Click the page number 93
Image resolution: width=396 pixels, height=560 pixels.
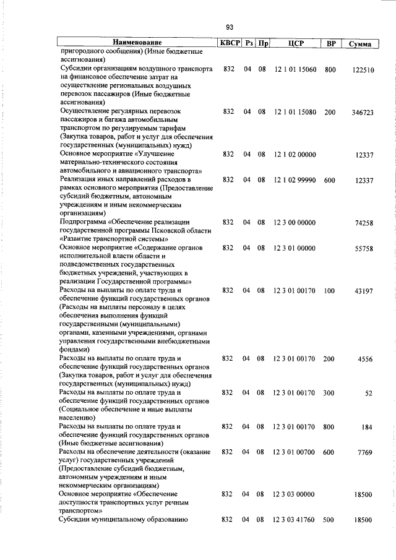[x=229, y=27]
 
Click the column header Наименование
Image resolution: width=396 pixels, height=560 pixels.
[x=137, y=43]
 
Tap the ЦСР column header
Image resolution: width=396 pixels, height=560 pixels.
[x=296, y=43]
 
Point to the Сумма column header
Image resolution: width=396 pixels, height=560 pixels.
[x=360, y=44]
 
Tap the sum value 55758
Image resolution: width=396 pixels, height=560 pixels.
[x=364, y=249]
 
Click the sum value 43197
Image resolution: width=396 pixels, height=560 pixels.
[x=364, y=291]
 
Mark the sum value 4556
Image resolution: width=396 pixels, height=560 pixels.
[x=366, y=360]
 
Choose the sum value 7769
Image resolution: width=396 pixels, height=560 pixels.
[x=366, y=454]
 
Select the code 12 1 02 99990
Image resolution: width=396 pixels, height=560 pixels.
[x=296, y=180]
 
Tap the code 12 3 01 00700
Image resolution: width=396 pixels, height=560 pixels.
[x=296, y=453]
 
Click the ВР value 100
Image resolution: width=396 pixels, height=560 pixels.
[x=330, y=290]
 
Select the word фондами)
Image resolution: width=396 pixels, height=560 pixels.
[x=74, y=349]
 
